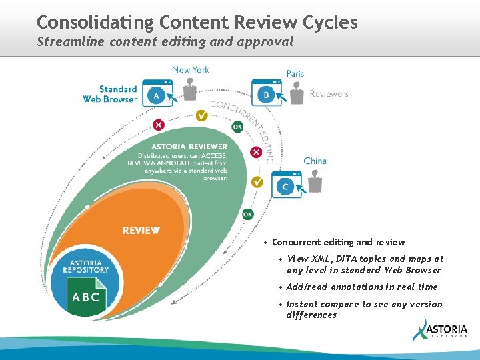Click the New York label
point(190,69)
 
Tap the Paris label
point(295,73)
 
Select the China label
point(315,161)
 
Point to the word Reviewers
point(329,94)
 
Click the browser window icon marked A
point(157,94)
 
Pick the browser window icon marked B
point(266,94)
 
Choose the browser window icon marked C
point(285,185)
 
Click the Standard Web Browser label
point(110,94)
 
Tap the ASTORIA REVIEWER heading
point(189,147)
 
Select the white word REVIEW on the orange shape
point(141,231)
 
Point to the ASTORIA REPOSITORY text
point(86,266)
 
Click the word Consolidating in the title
point(95,23)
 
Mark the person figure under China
point(315,181)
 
